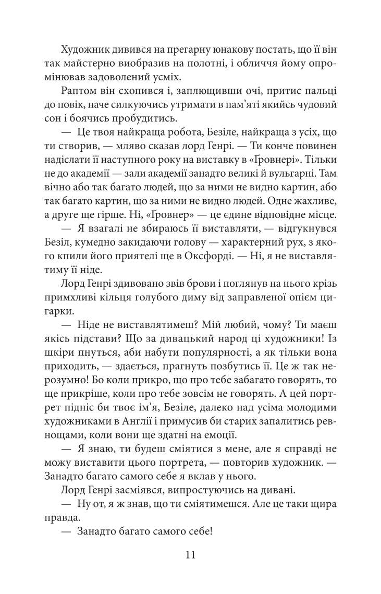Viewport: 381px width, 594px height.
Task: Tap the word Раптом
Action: pos(78,91)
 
